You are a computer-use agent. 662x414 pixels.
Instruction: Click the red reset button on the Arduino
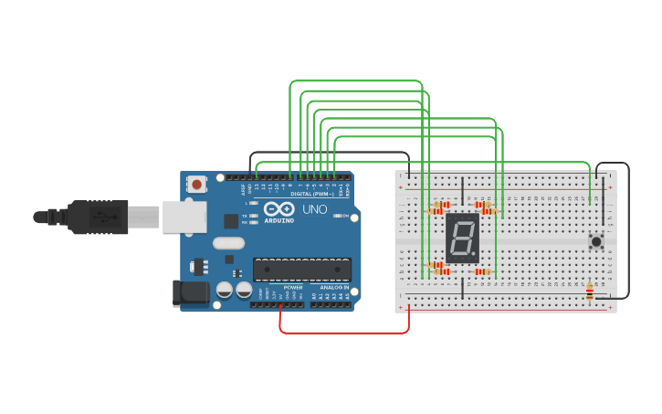pyautogui.click(x=196, y=184)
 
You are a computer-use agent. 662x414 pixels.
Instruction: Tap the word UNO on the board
pyautogui.click(x=314, y=209)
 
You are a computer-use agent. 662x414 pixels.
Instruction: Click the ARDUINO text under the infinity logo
pyautogui.click(x=278, y=220)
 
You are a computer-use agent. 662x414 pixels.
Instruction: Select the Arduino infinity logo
pyautogui.click(x=278, y=209)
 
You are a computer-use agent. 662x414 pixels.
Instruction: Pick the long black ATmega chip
pyautogui.click(x=302, y=270)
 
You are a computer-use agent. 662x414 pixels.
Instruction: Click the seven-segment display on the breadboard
pyautogui.click(x=462, y=238)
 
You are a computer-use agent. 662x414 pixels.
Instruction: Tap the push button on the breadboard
pyautogui.click(x=596, y=241)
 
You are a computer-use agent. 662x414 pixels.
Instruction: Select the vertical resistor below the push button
pyautogui.click(x=589, y=292)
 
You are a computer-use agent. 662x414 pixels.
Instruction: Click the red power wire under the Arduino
pyautogui.click(x=343, y=333)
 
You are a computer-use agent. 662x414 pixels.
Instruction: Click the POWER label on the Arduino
pyautogui.click(x=293, y=287)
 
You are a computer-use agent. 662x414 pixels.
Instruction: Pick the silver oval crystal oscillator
pyautogui.click(x=228, y=243)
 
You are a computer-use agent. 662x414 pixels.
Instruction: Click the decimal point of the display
pyautogui.click(x=476, y=256)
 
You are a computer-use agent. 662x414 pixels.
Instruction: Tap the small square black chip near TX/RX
pyautogui.click(x=231, y=220)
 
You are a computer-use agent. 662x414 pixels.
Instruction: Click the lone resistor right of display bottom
pyautogui.click(x=481, y=271)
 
